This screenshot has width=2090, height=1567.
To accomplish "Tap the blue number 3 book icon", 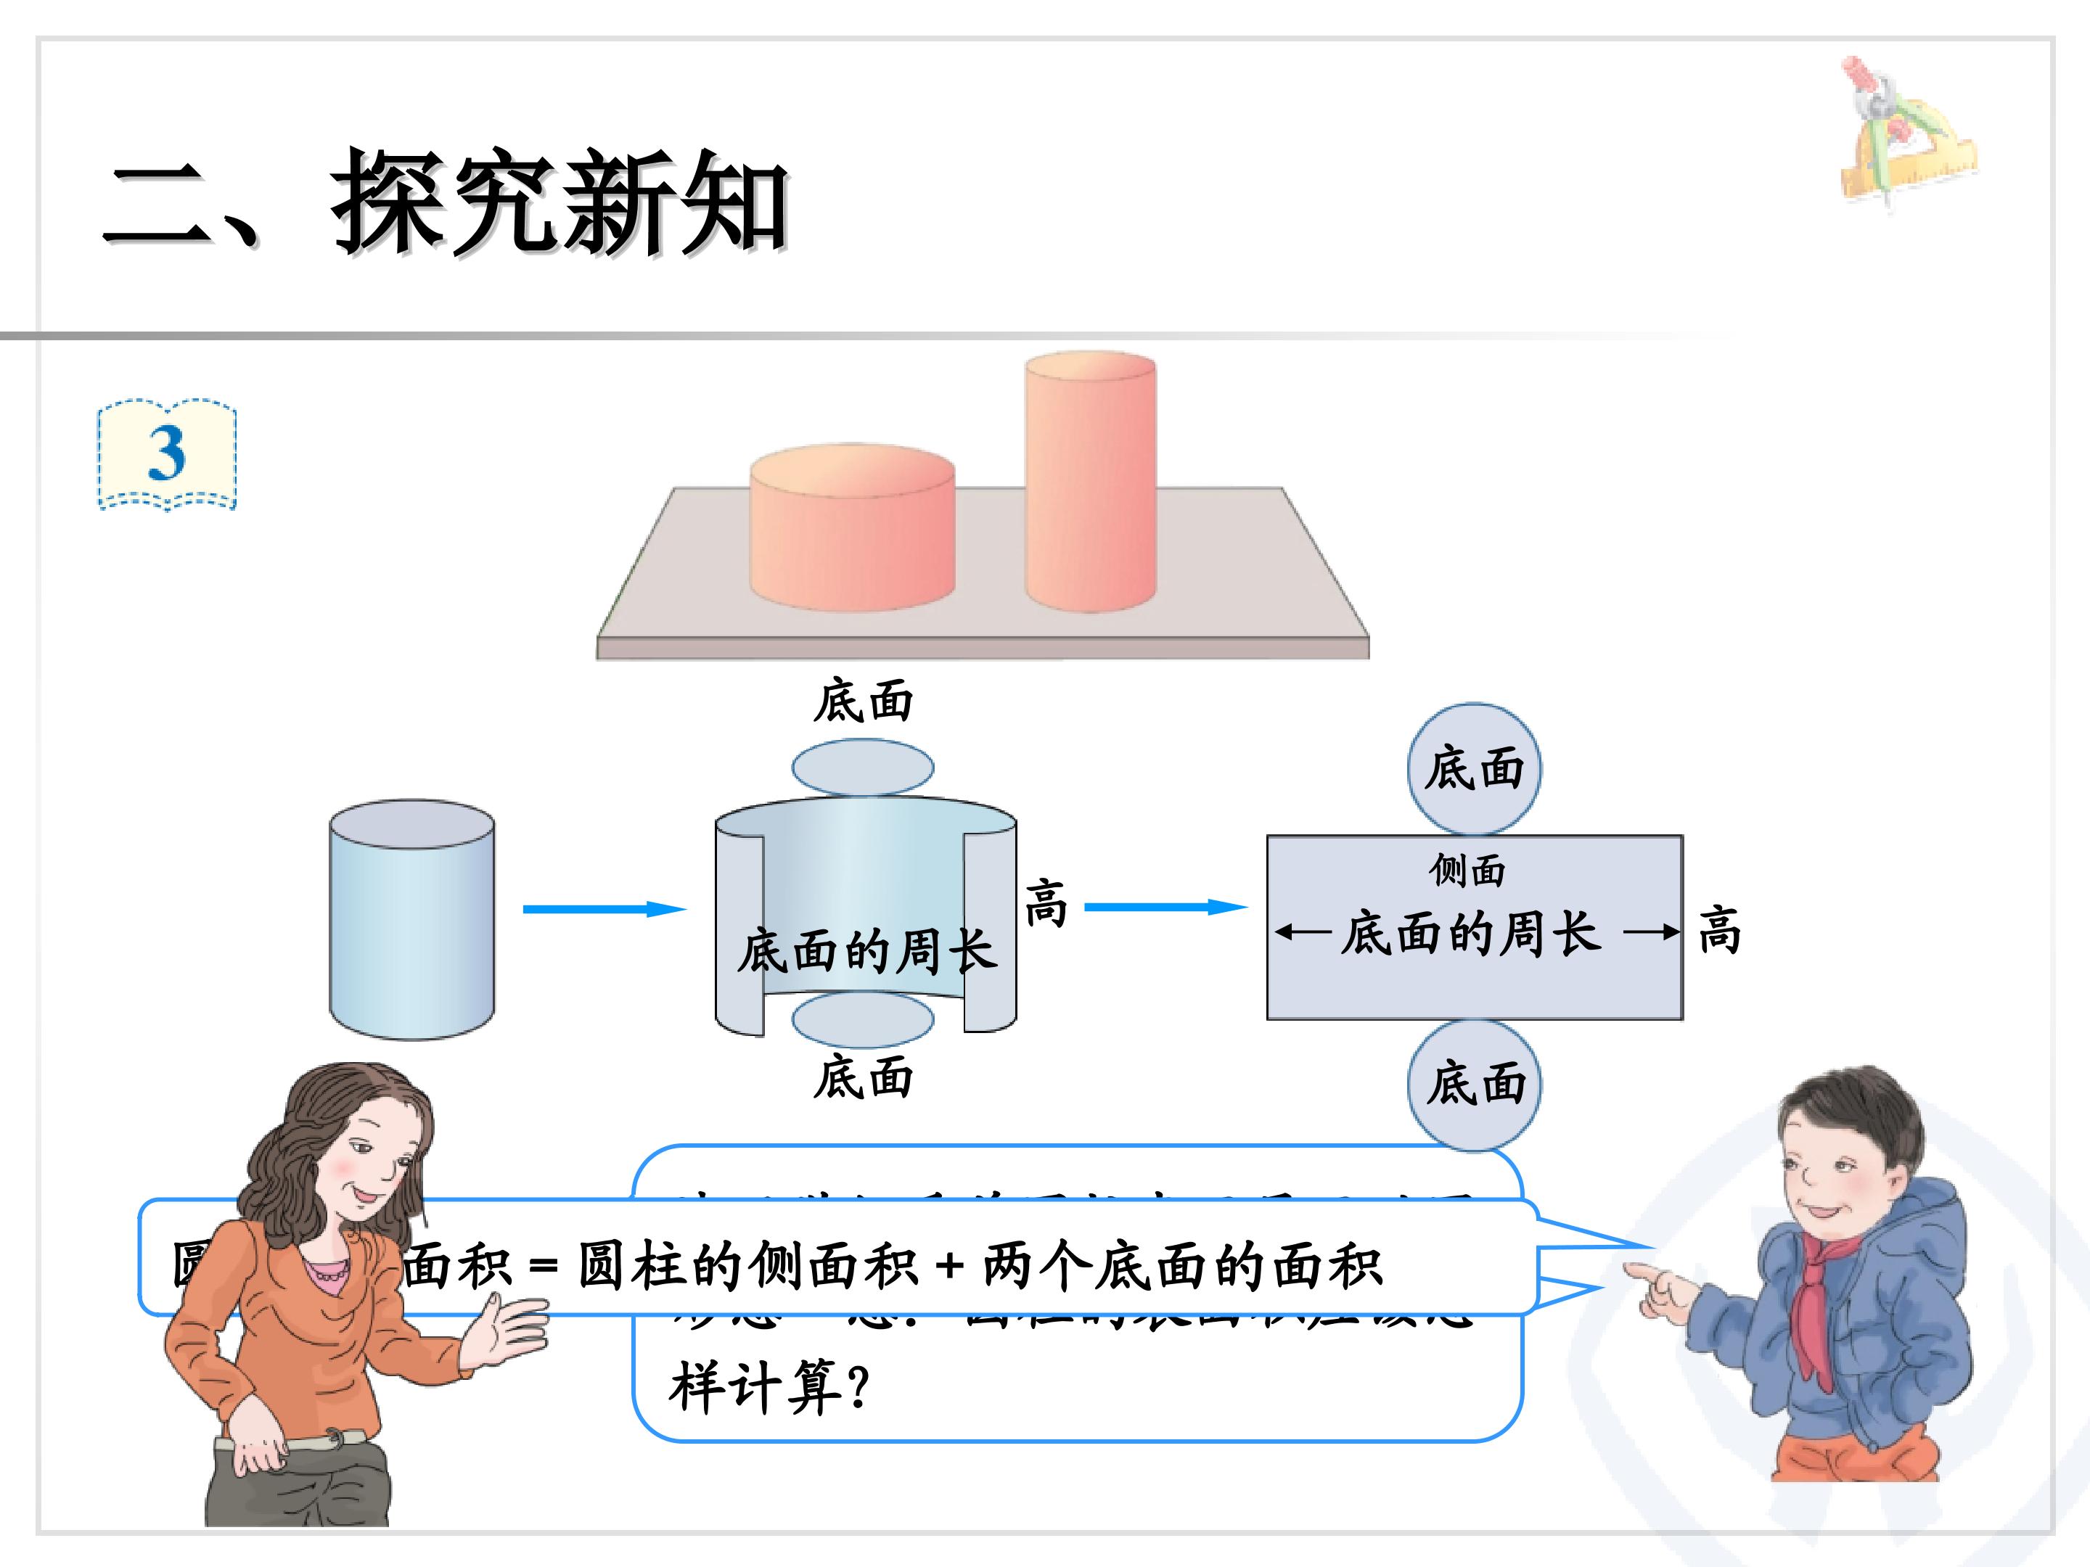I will [x=167, y=456].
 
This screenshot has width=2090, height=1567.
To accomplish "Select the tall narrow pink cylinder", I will [x=1090, y=482].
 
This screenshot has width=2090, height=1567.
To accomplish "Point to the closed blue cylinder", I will [x=411, y=921].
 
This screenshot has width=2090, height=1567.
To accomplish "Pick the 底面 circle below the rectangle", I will [x=1474, y=1083].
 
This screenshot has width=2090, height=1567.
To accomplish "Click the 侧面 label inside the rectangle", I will [x=1467, y=870].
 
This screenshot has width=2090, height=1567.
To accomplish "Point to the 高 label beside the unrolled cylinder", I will [x=1045, y=904].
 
